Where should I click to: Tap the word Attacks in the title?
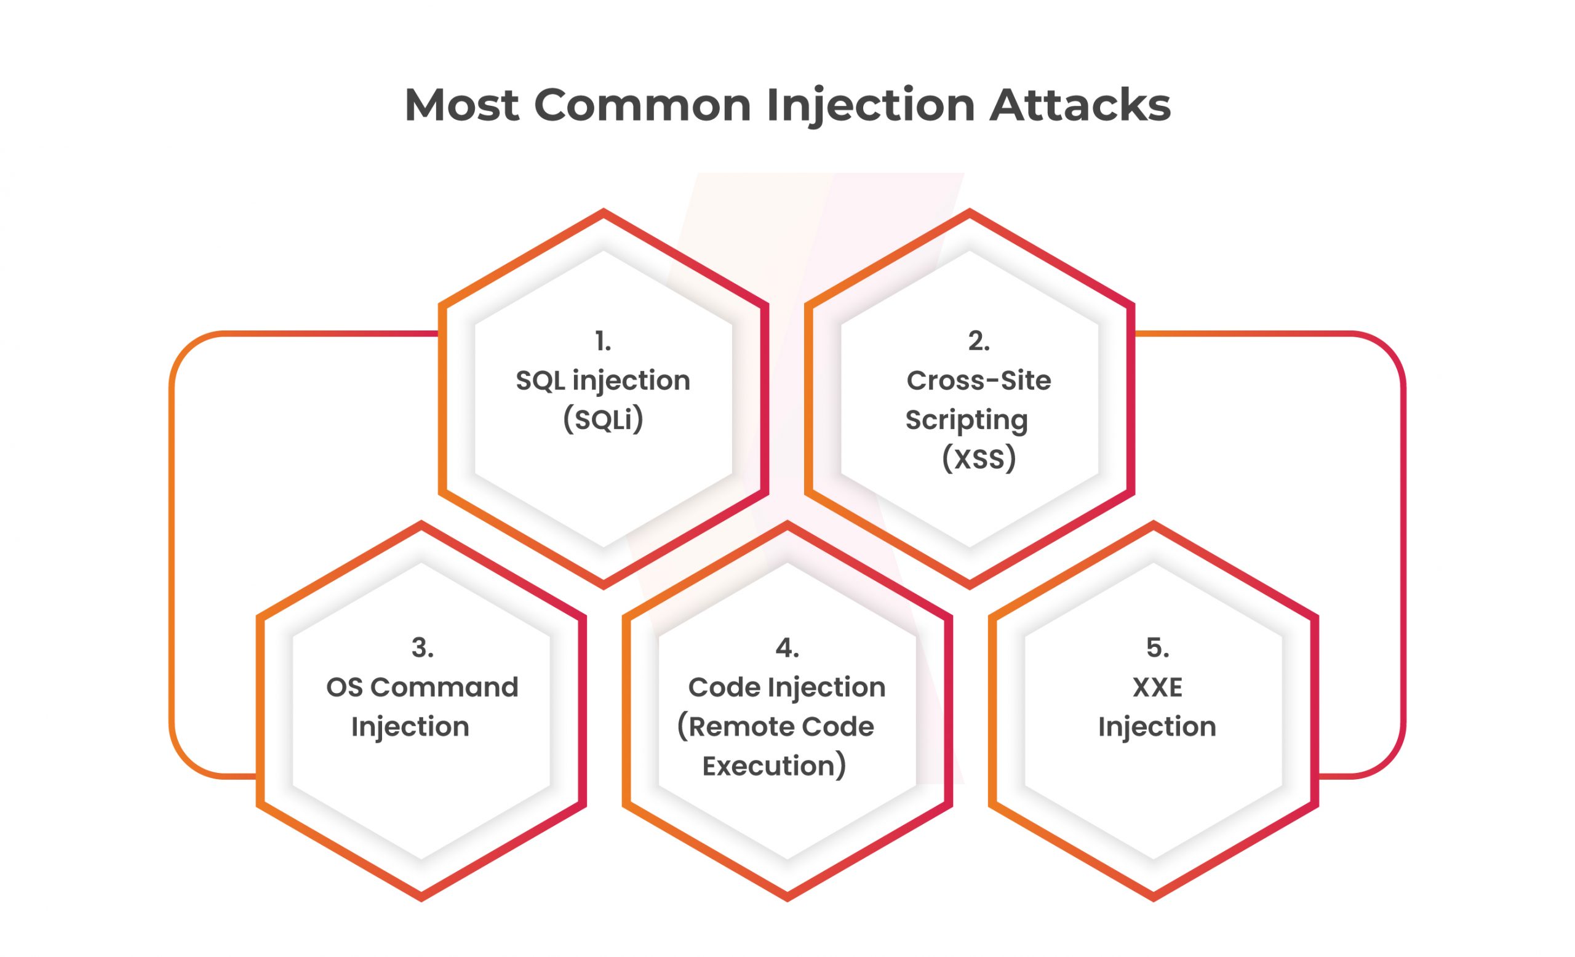pyautogui.click(x=1080, y=104)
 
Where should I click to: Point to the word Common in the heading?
pyautogui.click(x=642, y=104)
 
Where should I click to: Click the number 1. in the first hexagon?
pyautogui.click(x=603, y=342)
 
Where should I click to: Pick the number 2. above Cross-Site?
pyautogui.click(x=979, y=342)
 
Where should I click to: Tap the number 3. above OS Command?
pyautogui.click(x=423, y=647)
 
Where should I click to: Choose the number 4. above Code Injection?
pyautogui.click(x=787, y=647)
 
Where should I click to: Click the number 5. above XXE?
pyautogui.click(x=1157, y=647)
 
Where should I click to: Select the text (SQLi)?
pyautogui.click(x=603, y=419)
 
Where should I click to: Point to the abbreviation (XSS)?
pyautogui.click(x=979, y=458)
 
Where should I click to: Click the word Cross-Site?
pyautogui.click(x=979, y=380)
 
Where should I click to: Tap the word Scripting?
pyautogui.click(x=967, y=419)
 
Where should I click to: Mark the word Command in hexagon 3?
pyautogui.click(x=444, y=687)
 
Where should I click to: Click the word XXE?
pyautogui.click(x=1157, y=687)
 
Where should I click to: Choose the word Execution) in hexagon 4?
pyautogui.click(x=774, y=765)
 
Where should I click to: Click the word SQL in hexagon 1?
pyautogui.click(x=540, y=380)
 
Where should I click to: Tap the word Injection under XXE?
pyautogui.click(x=1157, y=726)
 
